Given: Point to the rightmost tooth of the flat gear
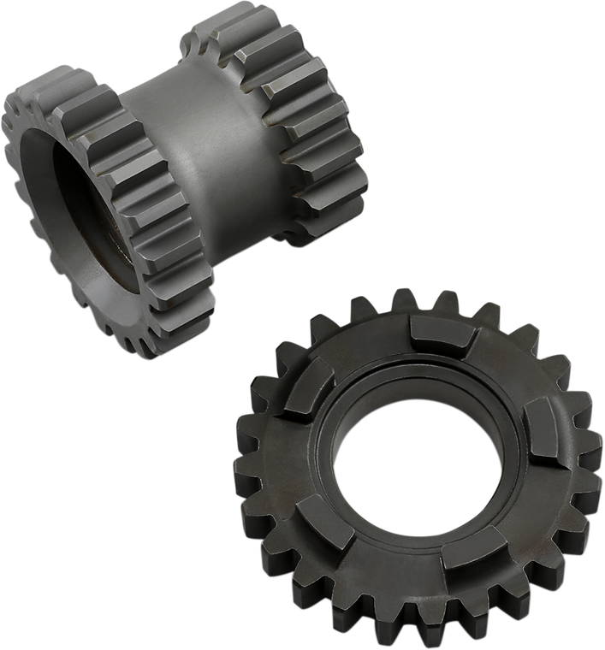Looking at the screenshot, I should (x=591, y=479).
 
